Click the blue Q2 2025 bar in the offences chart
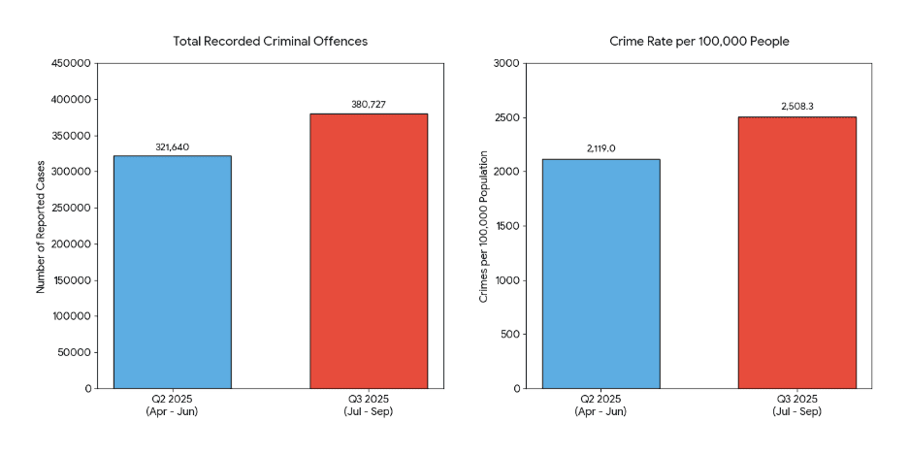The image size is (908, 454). (x=172, y=272)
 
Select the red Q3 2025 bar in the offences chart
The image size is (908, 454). (x=369, y=250)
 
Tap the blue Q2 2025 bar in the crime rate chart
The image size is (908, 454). (x=601, y=274)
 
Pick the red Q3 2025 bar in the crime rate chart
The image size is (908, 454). (x=796, y=252)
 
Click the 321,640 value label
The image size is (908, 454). (x=172, y=147)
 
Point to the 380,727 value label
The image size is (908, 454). (x=369, y=105)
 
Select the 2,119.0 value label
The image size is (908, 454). (x=601, y=148)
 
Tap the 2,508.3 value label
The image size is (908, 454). (x=796, y=107)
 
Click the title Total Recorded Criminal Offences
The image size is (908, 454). (x=271, y=41)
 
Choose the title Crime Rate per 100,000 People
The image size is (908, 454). (x=699, y=41)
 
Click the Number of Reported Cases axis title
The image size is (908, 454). (x=41, y=226)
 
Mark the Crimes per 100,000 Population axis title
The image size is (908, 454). (x=482, y=226)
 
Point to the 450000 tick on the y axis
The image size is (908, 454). (x=73, y=64)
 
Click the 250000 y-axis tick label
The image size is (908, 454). (x=73, y=208)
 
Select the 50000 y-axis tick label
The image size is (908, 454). (x=76, y=352)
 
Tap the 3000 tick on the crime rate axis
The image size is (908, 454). (x=508, y=64)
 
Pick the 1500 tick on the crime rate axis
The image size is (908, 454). (x=508, y=226)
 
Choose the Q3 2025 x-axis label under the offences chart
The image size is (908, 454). (x=369, y=405)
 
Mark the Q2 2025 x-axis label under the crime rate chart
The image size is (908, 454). (x=601, y=405)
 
